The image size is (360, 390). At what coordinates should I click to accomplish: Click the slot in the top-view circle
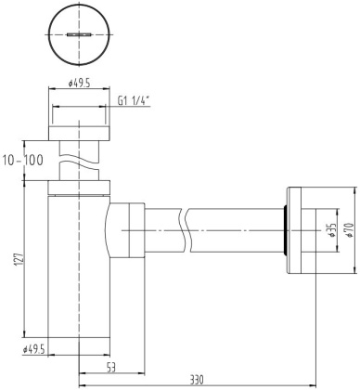[78, 34]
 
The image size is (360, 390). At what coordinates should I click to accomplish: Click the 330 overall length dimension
[197, 380]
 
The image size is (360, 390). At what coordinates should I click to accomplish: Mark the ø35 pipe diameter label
[331, 231]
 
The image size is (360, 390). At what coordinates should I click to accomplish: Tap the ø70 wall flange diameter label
[352, 231]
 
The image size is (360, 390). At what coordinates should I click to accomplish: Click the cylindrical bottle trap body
[78, 269]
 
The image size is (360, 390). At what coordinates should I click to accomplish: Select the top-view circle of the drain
[78, 34]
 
